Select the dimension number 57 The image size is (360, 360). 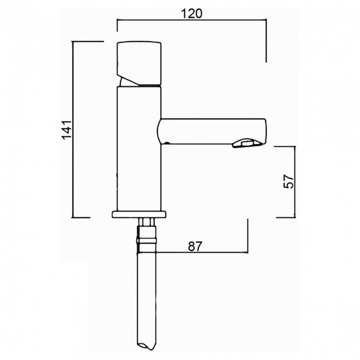[x=288, y=182]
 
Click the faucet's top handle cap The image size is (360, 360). [x=139, y=59]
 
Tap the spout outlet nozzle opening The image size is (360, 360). [x=248, y=144]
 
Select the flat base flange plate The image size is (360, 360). [x=139, y=214]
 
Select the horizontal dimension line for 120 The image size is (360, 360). [x=192, y=20]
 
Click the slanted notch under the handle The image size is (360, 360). [x=128, y=81]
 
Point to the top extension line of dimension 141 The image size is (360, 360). [x=89, y=42]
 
